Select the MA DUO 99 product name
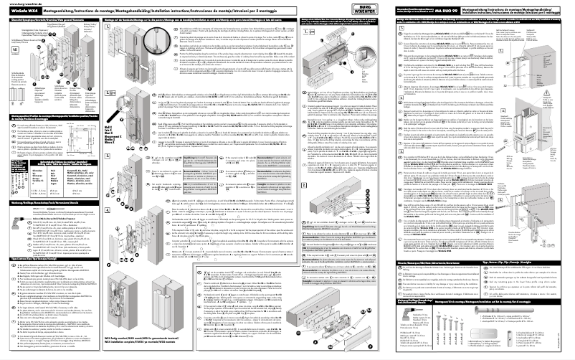(x=445, y=10)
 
